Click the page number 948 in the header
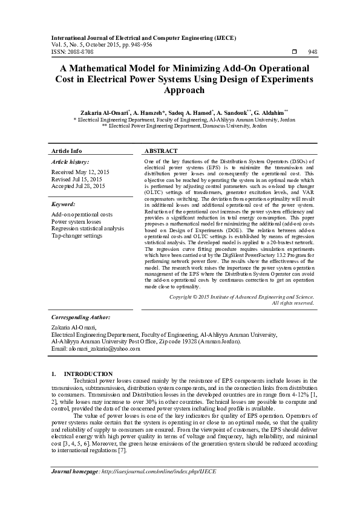[312, 52]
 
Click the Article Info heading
[67, 151]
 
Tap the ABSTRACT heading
[161, 151]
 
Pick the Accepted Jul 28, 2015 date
[79, 186]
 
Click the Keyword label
[63, 204]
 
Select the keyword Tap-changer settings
[77, 235]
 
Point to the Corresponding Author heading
[80, 317]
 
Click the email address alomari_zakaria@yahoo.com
[97, 349]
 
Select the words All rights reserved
[293, 303]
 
